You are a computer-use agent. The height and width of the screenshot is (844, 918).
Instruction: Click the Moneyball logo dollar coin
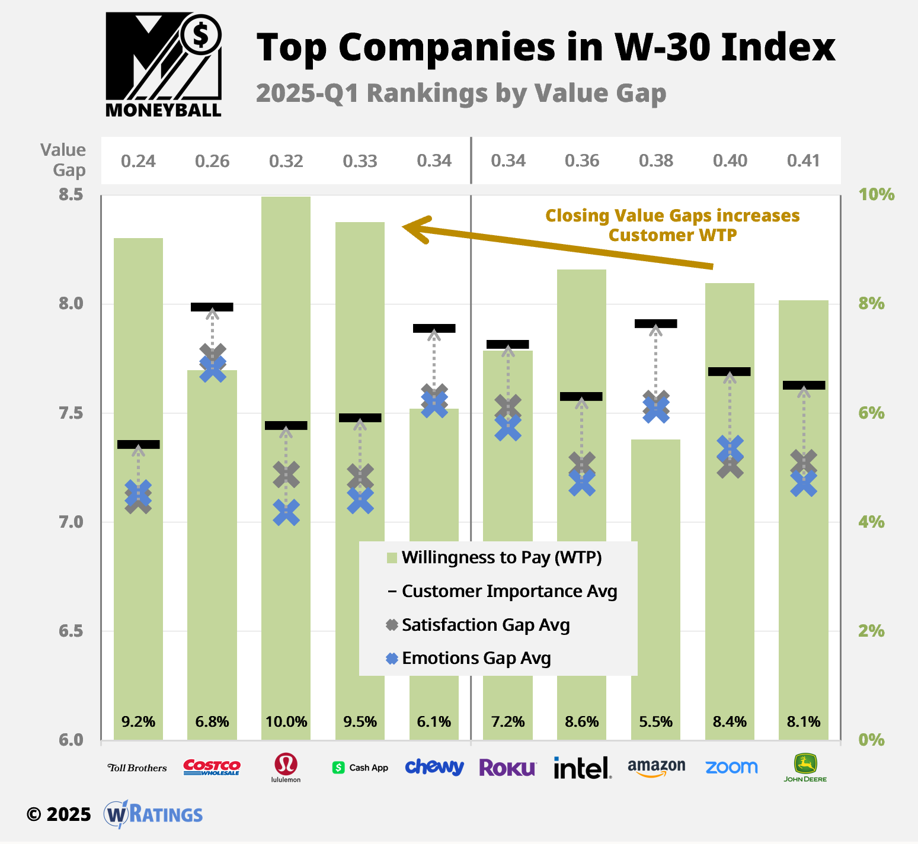click(201, 36)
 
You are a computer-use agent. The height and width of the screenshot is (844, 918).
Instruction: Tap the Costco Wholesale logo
click(212, 768)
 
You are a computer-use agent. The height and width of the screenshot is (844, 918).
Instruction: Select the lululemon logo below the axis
click(286, 768)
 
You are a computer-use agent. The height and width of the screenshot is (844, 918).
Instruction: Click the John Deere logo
click(805, 768)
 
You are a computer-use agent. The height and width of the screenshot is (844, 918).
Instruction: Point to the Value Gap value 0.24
click(138, 161)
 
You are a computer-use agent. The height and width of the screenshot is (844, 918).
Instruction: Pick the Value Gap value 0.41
click(803, 161)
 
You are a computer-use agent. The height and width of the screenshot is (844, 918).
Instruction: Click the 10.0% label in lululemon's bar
click(286, 722)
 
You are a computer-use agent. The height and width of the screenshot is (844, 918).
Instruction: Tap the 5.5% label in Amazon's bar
click(655, 722)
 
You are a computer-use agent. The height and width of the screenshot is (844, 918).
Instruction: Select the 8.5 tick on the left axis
click(71, 195)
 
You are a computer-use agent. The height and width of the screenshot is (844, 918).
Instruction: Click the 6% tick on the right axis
click(871, 413)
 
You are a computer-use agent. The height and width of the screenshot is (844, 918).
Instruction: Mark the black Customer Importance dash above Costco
click(212, 307)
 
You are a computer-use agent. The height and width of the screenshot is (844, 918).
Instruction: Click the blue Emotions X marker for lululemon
click(286, 513)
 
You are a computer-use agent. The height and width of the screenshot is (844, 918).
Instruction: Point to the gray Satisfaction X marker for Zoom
click(730, 466)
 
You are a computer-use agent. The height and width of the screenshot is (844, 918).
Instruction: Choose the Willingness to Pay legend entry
click(501, 558)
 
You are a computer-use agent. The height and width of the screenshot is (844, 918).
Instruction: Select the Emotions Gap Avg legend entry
click(475, 659)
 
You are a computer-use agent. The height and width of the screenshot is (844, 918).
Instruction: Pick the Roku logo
click(507, 768)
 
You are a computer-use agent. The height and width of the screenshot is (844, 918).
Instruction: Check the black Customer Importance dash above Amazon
click(655, 323)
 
